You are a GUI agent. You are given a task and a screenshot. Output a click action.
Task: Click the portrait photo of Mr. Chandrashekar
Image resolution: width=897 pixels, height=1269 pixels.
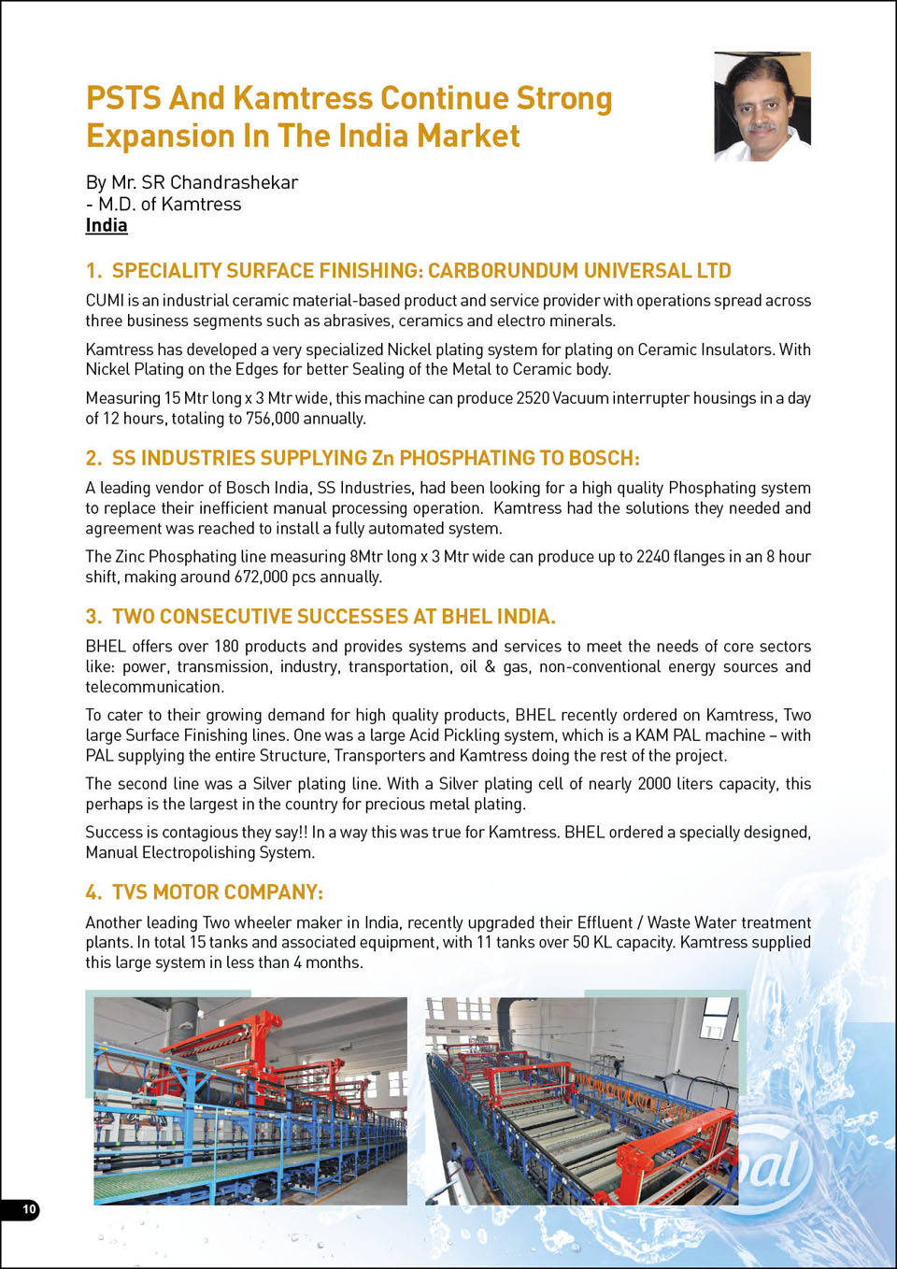coord(762,107)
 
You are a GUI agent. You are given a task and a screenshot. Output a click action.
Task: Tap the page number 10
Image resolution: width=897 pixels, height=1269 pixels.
coord(29,1209)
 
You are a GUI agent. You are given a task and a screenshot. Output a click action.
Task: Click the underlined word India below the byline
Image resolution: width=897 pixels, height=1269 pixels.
coord(107,225)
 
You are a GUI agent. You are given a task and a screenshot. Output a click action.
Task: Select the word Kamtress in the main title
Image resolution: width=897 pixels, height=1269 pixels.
coord(303,98)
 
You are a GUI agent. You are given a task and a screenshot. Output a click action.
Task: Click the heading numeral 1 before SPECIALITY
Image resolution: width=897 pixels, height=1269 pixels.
coord(93,271)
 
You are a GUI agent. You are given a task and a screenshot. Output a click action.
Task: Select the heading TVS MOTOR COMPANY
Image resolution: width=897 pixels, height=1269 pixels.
coord(217,892)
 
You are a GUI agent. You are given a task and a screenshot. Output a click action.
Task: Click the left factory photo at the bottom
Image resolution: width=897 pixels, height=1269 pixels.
coord(250,1101)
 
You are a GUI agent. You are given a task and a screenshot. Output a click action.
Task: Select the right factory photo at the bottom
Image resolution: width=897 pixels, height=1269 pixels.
coord(581,1101)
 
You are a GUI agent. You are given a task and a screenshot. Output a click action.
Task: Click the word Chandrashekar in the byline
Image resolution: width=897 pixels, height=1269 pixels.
coord(234,182)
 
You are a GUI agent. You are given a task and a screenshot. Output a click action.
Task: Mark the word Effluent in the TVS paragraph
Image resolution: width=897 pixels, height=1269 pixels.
coord(605,922)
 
